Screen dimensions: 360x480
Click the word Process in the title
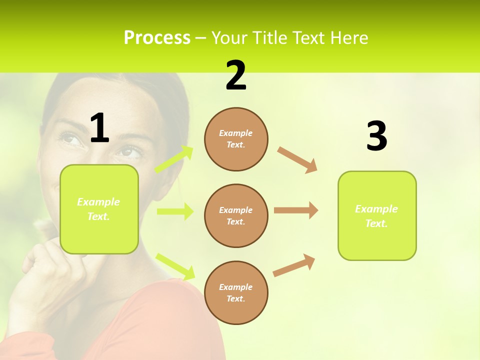point(157,38)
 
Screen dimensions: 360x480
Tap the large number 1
point(99,128)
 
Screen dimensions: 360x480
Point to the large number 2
point(236,75)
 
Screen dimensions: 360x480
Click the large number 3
point(376,136)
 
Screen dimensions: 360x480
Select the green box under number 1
point(99,209)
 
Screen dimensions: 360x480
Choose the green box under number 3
point(377,216)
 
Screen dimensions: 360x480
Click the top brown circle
point(236,139)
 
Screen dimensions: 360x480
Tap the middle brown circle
point(236,216)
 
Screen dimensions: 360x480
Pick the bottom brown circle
point(236,293)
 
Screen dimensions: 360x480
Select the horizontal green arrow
point(175,211)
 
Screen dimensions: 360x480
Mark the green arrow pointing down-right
point(175,266)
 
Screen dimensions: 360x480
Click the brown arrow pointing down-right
point(297,160)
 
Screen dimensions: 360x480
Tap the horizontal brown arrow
point(296,210)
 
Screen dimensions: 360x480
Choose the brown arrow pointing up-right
point(294,265)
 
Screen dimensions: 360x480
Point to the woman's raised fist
point(40,260)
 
